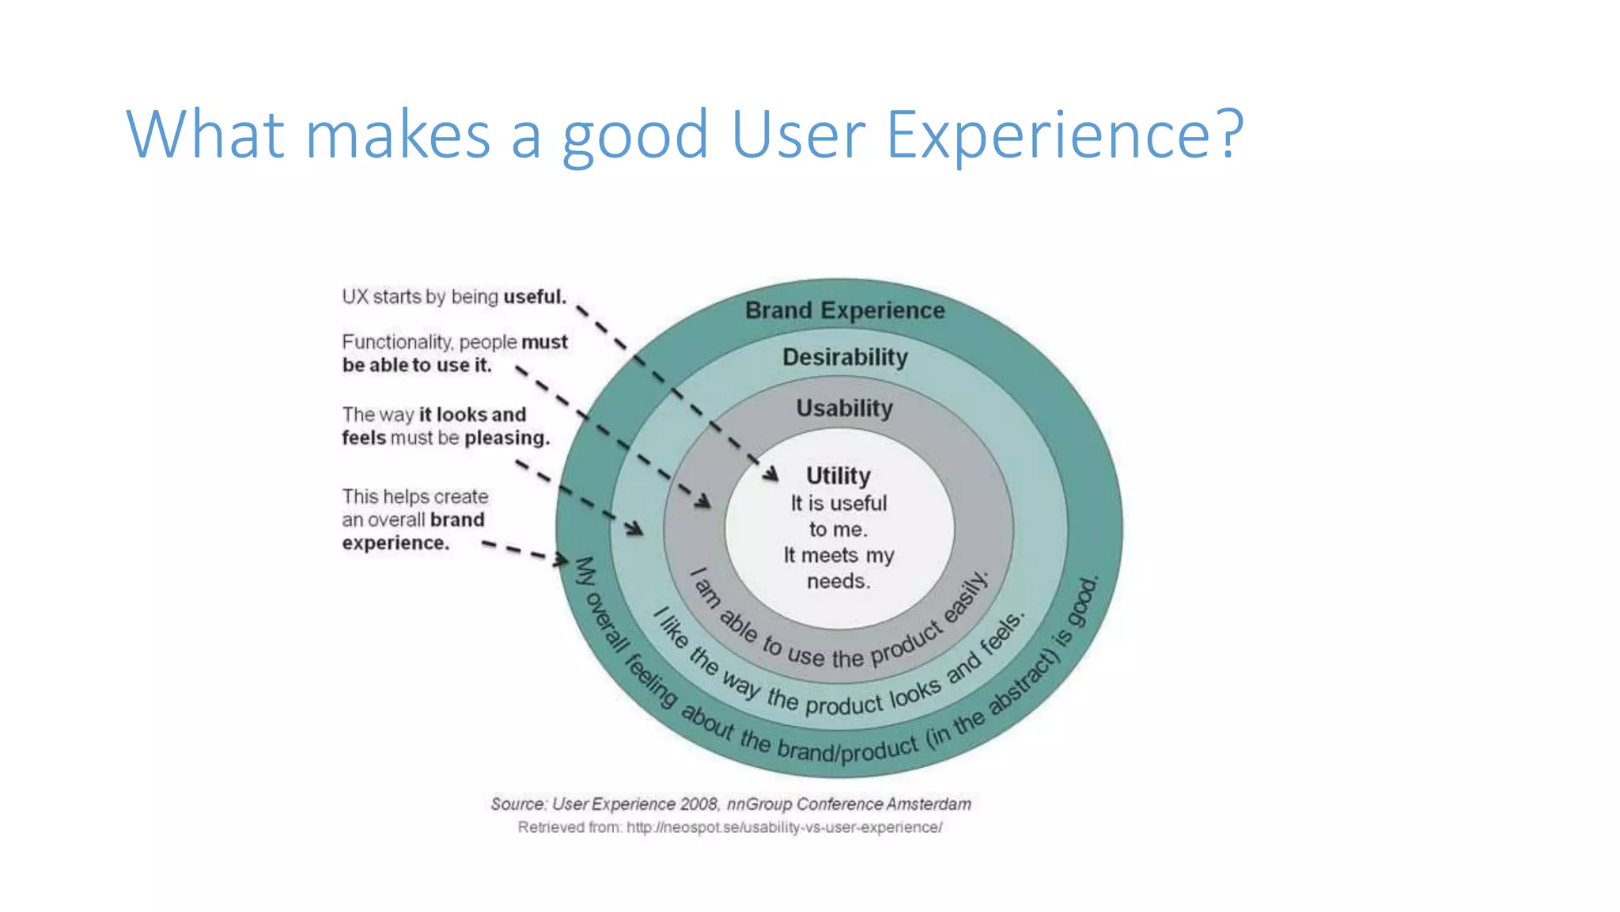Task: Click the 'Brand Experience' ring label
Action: pos(845,310)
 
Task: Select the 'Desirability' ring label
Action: pos(845,357)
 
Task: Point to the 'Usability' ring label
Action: pos(844,408)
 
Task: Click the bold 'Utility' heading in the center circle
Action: pos(838,475)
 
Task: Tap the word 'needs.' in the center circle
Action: pos(838,581)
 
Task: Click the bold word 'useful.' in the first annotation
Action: pos(535,297)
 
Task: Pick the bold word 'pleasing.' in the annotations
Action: pos(506,438)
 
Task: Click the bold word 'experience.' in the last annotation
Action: pos(396,543)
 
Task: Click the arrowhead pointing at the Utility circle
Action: pos(770,473)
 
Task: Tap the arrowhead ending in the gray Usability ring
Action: pos(702,501)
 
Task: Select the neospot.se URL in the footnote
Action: pos(784,827)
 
